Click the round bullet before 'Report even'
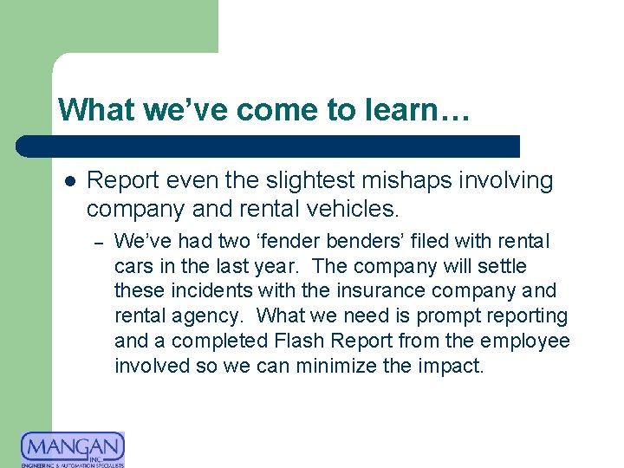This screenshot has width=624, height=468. pos(70,181)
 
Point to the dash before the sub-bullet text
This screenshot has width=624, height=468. pos(101,242)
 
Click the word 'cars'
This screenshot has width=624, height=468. pos(132,266)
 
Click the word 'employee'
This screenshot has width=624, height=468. pos(525,341)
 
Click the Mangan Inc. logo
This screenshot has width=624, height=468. pos(73,449)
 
